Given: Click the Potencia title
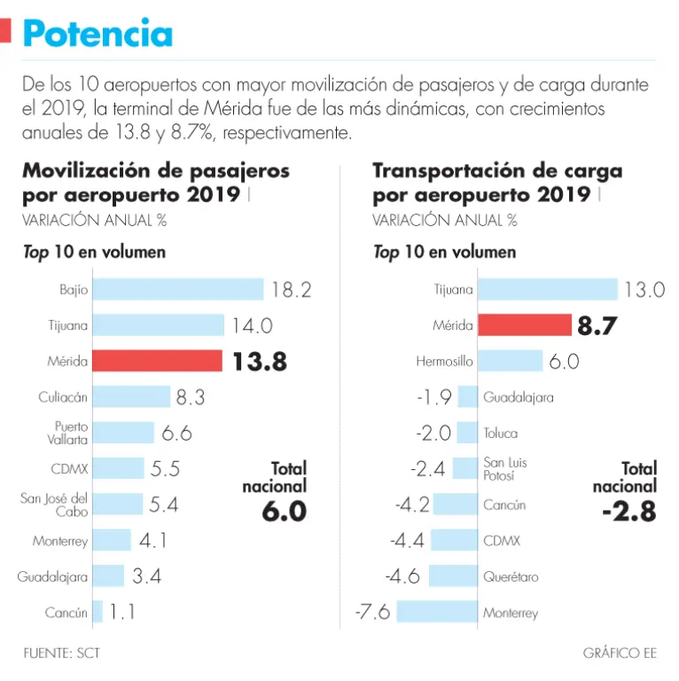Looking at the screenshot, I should click(98, 33).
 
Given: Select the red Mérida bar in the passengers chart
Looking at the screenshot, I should click(157, 361).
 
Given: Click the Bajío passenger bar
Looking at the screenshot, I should click(178, 289).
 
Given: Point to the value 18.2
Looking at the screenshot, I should click(292, 290).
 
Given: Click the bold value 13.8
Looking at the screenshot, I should click(260, 362).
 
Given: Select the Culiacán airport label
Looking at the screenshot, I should click(63, 397).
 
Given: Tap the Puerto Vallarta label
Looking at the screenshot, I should click(70, 433).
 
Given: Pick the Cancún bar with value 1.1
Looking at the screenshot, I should click(98, 612).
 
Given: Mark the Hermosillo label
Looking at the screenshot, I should click(444, 362).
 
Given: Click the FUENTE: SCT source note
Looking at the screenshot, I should click(62, 654).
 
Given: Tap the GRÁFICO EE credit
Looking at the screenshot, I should click(620, 654).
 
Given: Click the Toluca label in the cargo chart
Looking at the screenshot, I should click(500, 434).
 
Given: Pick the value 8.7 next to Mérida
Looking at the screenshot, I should click(596, 326).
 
